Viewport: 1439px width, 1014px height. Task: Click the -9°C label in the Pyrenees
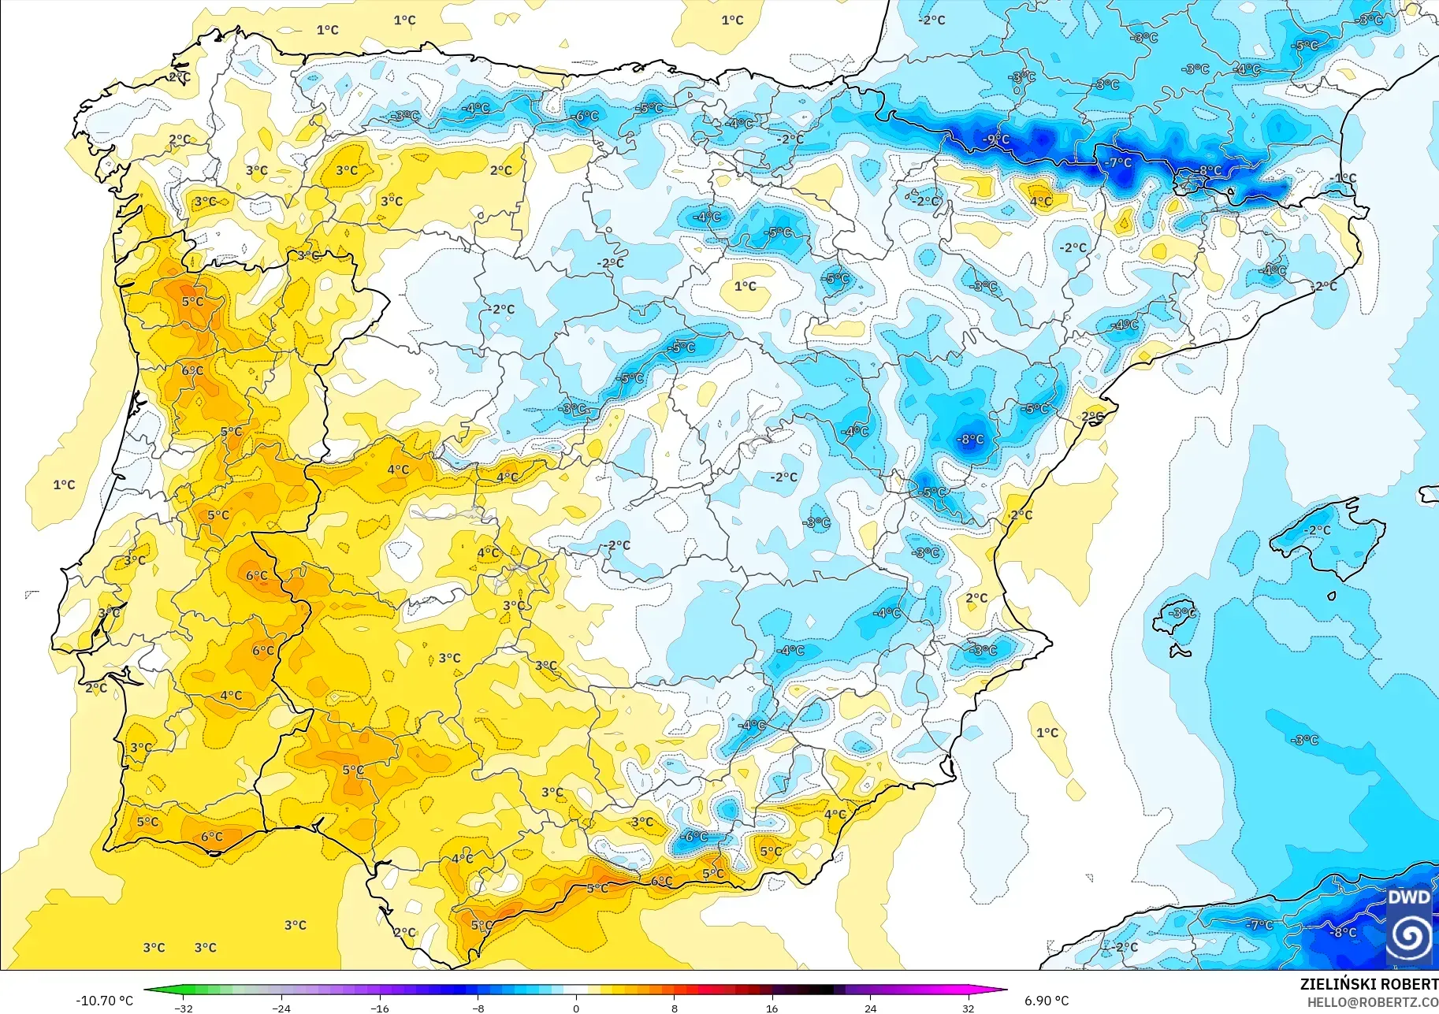pos(996,139)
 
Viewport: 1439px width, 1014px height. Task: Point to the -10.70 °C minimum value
pos(104,1001)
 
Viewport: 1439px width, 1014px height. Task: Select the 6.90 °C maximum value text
pos(1047,1001)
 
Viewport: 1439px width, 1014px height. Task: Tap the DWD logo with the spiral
pos(1409,927)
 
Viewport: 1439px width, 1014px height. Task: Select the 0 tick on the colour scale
pos(576,1008)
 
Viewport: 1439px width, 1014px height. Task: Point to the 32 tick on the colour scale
pos(968,1008)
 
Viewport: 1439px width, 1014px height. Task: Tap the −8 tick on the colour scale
pos(478,1008)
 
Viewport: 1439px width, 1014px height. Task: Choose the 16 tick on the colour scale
pos(772,1008)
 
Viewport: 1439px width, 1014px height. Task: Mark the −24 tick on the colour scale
pos(281,1008)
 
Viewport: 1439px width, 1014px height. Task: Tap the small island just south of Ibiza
pos(1179,651)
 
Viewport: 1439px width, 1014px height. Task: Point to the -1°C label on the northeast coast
pos(1344,178)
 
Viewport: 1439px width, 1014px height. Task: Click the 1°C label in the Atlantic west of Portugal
pos(64,485)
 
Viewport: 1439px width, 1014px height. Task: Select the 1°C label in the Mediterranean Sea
pos(1047,733)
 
